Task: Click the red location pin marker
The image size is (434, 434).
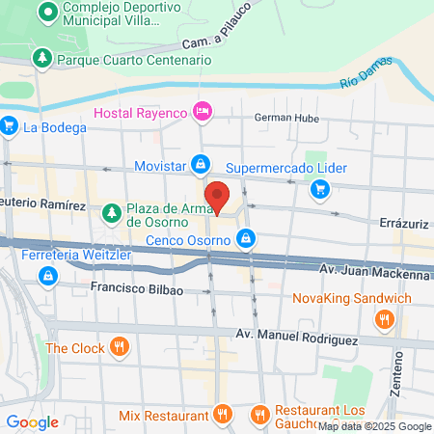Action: (x=218, y=196)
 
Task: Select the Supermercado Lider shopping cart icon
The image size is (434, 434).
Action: (x=319, y=189)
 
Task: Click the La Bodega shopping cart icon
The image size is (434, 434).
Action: (x=10, y=125)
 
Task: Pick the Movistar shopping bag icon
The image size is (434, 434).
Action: (x=200, y=164)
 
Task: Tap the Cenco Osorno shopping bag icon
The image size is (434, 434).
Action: (x=247, y=237)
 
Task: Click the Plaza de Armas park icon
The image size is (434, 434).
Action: (x=113, y=210)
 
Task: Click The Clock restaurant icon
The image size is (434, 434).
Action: (x=119, y=347)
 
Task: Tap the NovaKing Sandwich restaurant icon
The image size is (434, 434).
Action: (x=385, y=318)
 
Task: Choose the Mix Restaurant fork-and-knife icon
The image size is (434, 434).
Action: (x=221, y=415)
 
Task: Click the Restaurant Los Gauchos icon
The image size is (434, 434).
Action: (x=258, y=415)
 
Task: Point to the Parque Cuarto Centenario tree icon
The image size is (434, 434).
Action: (x=42, y=60)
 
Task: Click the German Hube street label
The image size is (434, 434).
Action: (x=285, y=118)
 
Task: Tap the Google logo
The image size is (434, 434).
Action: (x=31, y=421)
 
